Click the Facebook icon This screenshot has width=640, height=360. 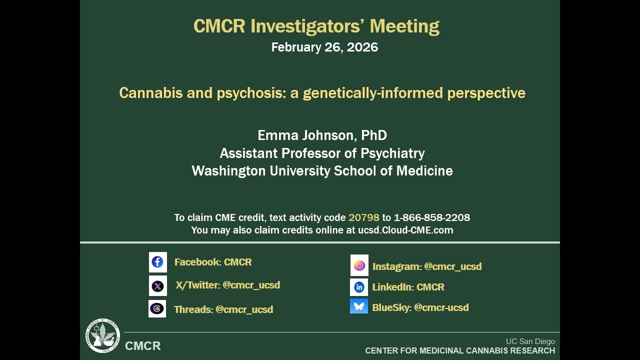point(157,262)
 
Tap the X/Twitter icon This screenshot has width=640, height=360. point(157,286)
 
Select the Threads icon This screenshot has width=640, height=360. point(157,309)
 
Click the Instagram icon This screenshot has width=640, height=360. point(359,265)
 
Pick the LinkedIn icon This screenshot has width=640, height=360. point(359,287)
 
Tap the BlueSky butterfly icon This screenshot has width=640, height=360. point(359,306)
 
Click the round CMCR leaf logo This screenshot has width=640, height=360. point(102,336)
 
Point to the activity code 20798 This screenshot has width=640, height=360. point(364,217)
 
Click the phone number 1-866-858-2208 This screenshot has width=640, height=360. point(432,217)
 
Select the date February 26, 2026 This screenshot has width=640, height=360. point(324,47)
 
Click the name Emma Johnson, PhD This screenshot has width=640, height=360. point(322,135)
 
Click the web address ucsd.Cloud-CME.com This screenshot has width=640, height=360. point(405,230)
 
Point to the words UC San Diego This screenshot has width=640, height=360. point(530,341)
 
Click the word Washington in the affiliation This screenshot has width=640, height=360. point(228,171)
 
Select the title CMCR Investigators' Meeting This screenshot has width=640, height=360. point(316,26)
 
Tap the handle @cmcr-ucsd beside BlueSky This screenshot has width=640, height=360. point(441,307)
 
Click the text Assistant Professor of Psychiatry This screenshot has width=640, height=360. point(322,153)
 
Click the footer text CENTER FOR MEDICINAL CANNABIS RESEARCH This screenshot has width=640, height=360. point(460,351)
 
